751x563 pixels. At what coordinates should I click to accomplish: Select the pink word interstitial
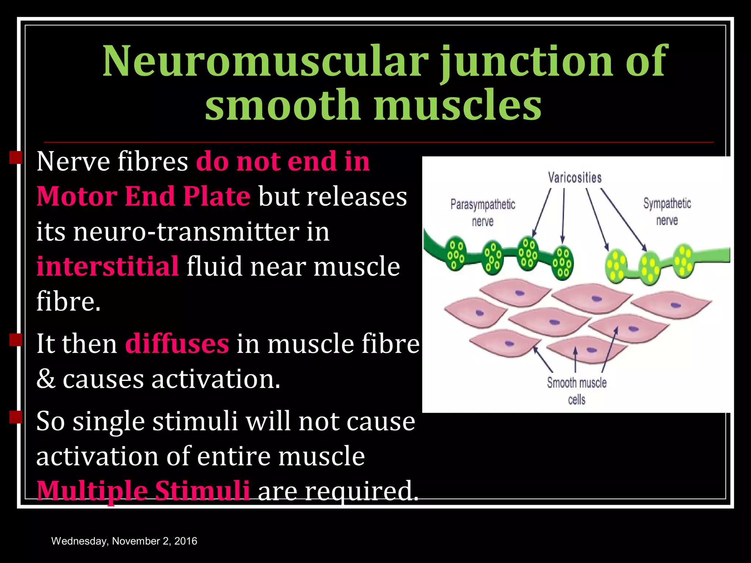(108, 266)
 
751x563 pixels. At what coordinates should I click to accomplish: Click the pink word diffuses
(177, 344)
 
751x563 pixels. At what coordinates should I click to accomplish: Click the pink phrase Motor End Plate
(143, 196)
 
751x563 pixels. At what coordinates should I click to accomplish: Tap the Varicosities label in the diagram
(575, 178)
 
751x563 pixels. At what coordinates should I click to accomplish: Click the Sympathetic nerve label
(667, 211)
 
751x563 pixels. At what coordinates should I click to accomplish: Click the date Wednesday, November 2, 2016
(124, 541)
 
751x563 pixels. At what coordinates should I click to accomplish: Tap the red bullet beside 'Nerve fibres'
(16, 158)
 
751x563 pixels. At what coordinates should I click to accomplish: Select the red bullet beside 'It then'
(16, 340)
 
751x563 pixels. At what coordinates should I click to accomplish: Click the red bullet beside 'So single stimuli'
(16, 417)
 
